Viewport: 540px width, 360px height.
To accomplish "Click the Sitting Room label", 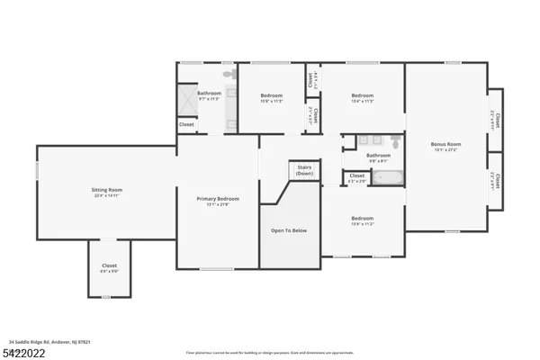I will (107, 190).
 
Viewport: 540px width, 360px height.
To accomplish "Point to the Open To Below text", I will (289, 230).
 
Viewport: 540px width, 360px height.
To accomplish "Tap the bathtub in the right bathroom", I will (389, 176).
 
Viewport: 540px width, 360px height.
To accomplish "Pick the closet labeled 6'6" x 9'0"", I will (109, 266).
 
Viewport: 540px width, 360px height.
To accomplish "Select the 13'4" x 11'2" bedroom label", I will (362, 219).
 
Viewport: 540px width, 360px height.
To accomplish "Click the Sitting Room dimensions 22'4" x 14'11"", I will (107, 195).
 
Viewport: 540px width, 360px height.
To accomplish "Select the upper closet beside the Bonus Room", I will (493, 118).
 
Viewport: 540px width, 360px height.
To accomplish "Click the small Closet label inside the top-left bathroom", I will (186, 124).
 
